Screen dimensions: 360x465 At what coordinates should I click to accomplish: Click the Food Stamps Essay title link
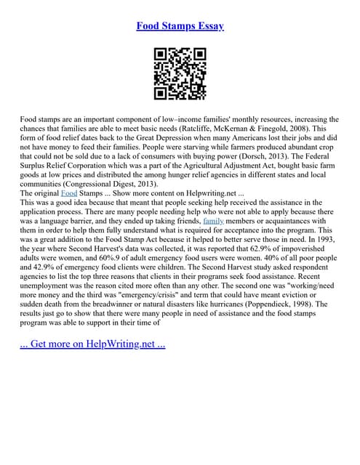pos(180,26)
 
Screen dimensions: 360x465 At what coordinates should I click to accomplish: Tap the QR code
pos(180,73)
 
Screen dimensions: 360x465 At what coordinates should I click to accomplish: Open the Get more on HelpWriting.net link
pos(92,344)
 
